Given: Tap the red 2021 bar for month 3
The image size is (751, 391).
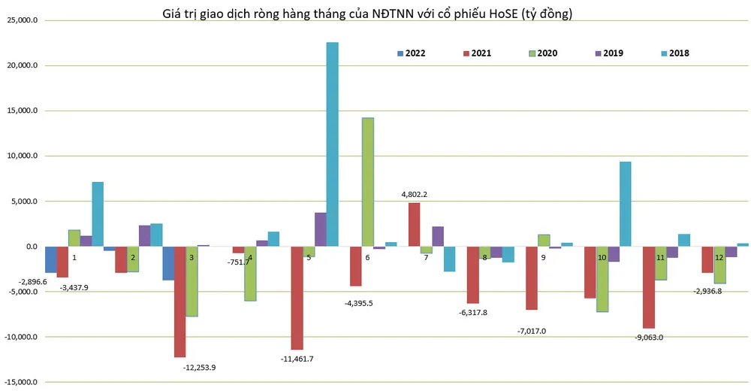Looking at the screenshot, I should [180, 302].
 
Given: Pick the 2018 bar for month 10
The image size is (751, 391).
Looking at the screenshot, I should [625, 204].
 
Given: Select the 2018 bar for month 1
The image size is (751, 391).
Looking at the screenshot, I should [98, 214].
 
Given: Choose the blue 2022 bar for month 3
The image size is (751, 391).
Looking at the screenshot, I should [168, 263].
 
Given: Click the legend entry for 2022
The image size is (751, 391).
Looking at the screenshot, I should [412, 53].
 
